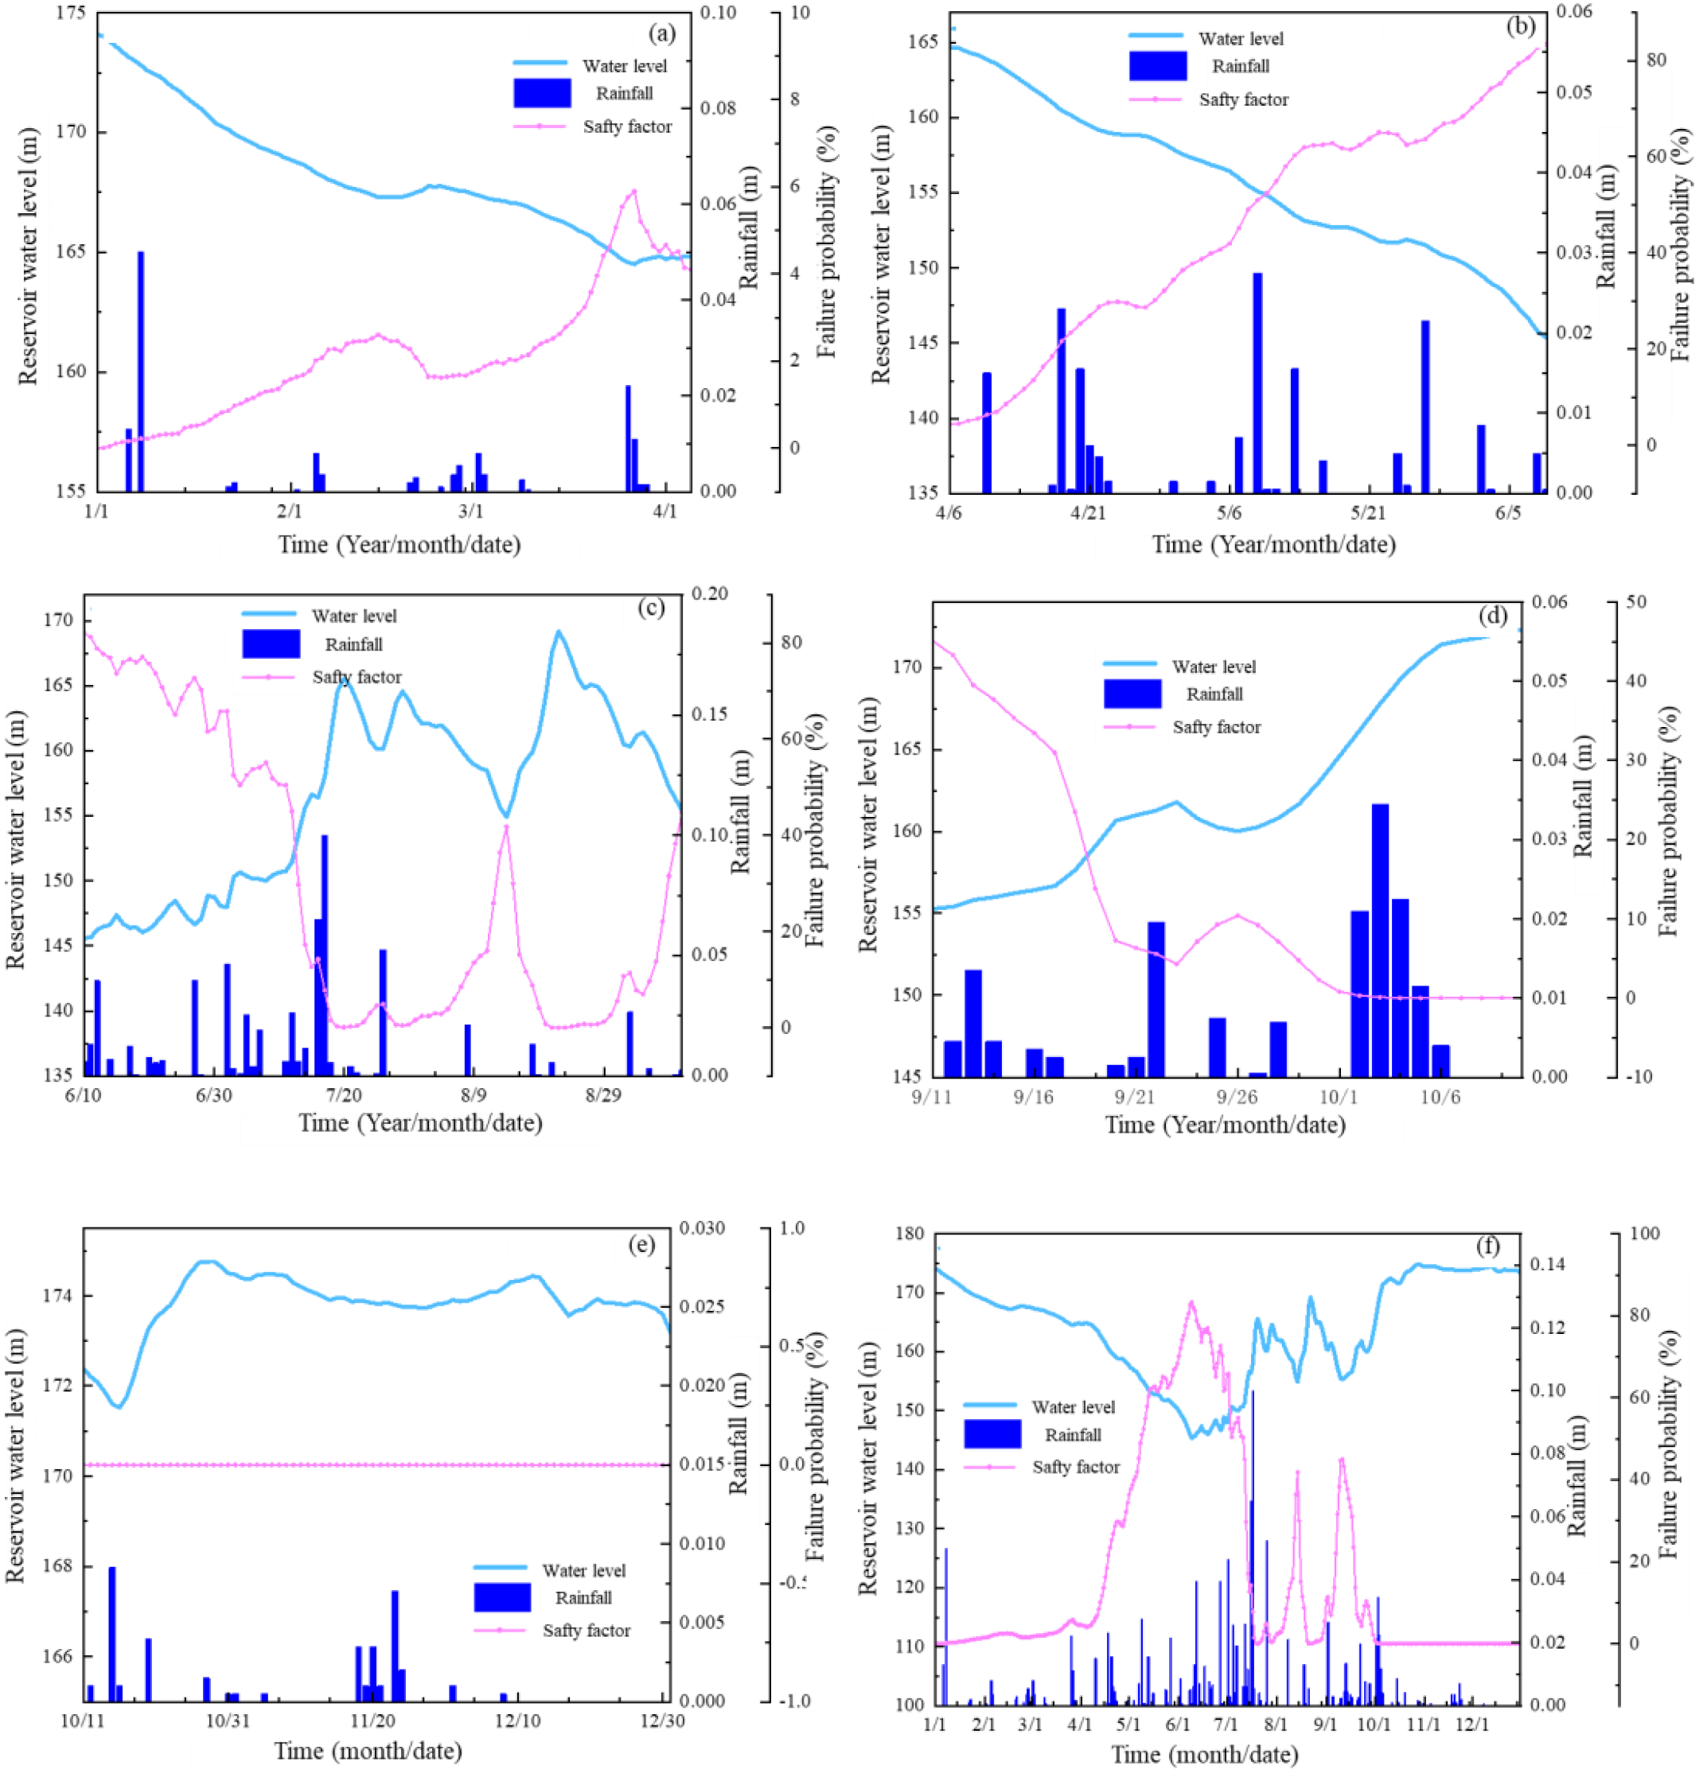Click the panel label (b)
point(1520,25)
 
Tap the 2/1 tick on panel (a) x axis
point(289,511)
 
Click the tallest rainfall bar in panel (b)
point(1257,382)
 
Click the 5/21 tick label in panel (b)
point(1368,512)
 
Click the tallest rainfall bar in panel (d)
point(1379,940)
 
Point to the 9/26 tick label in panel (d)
point(1236,1097)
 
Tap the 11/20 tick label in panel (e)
point(372,1720)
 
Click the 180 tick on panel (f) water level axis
point(909,1234)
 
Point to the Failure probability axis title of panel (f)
point(1669,1445)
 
